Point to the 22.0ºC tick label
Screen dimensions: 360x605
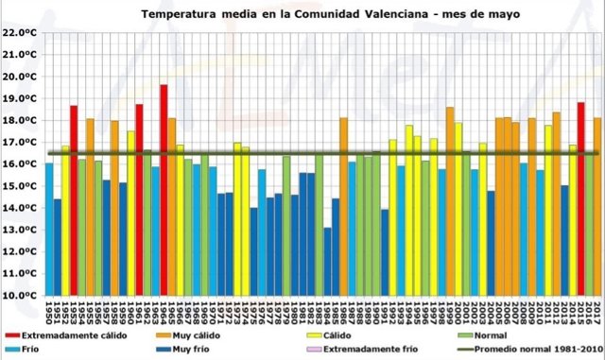pos(20,32)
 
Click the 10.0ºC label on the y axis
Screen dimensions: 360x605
pos(20,295)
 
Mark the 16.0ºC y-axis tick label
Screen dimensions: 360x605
pos(20,163)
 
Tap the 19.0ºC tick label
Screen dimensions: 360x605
pos(20,98)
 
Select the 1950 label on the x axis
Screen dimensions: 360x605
pos(49,310)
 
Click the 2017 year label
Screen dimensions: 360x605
pos(597,310)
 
